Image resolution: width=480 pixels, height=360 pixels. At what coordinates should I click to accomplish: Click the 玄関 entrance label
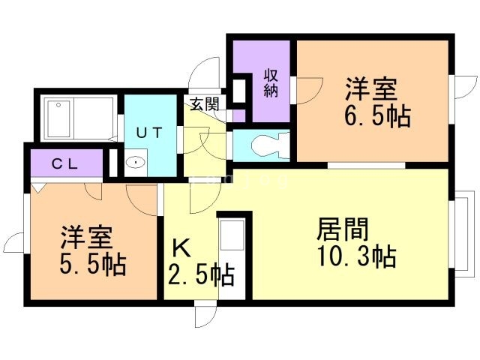pyautogui.click(x=203, y=104)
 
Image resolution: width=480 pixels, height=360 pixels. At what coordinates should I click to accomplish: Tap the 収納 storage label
pyautogui.click(x=271, y=83)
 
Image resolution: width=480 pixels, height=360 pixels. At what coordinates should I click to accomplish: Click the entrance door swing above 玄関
pyautogui.click(x=202, y=75)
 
